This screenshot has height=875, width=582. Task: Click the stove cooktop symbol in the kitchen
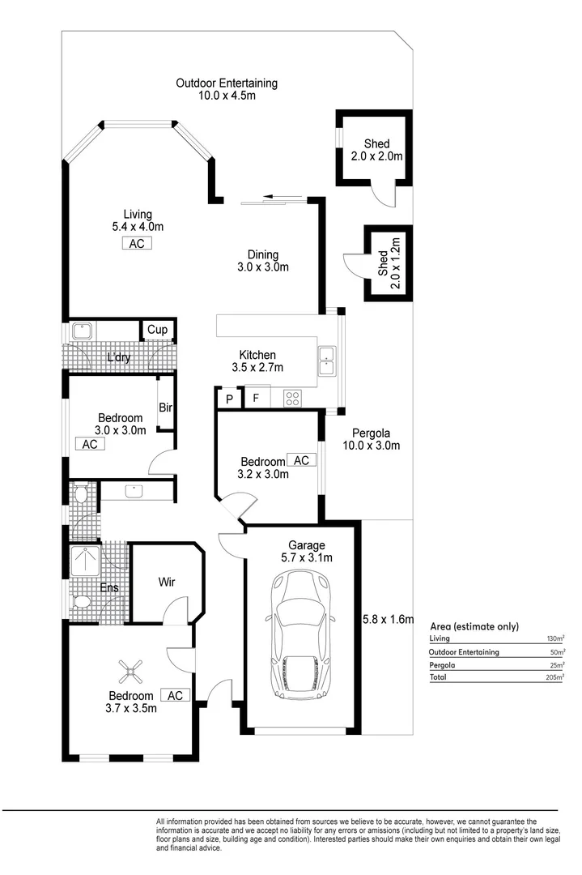(x=292, y=398)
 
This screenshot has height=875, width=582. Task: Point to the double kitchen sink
(x=326, y=361)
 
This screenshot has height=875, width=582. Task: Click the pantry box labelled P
(x=229, y=399)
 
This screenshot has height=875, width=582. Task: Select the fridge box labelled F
(x=257, y=399)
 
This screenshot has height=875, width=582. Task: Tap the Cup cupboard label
(x=158, y=330)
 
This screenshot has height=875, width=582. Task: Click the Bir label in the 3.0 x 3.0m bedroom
(x=165, y=408)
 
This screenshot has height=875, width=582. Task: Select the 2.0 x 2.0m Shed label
(x=376, y=150)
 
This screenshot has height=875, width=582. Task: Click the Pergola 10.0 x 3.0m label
(x=371, y=439)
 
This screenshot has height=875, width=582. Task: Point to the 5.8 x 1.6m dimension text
(x=388, y=620)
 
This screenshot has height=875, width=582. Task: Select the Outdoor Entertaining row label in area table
(x=464, y=651)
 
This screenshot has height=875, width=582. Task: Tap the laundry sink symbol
(x=81, y=331)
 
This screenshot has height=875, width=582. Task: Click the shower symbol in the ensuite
(x=84, y=558)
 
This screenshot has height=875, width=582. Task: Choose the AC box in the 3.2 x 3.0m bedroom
(x=301, y=460)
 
